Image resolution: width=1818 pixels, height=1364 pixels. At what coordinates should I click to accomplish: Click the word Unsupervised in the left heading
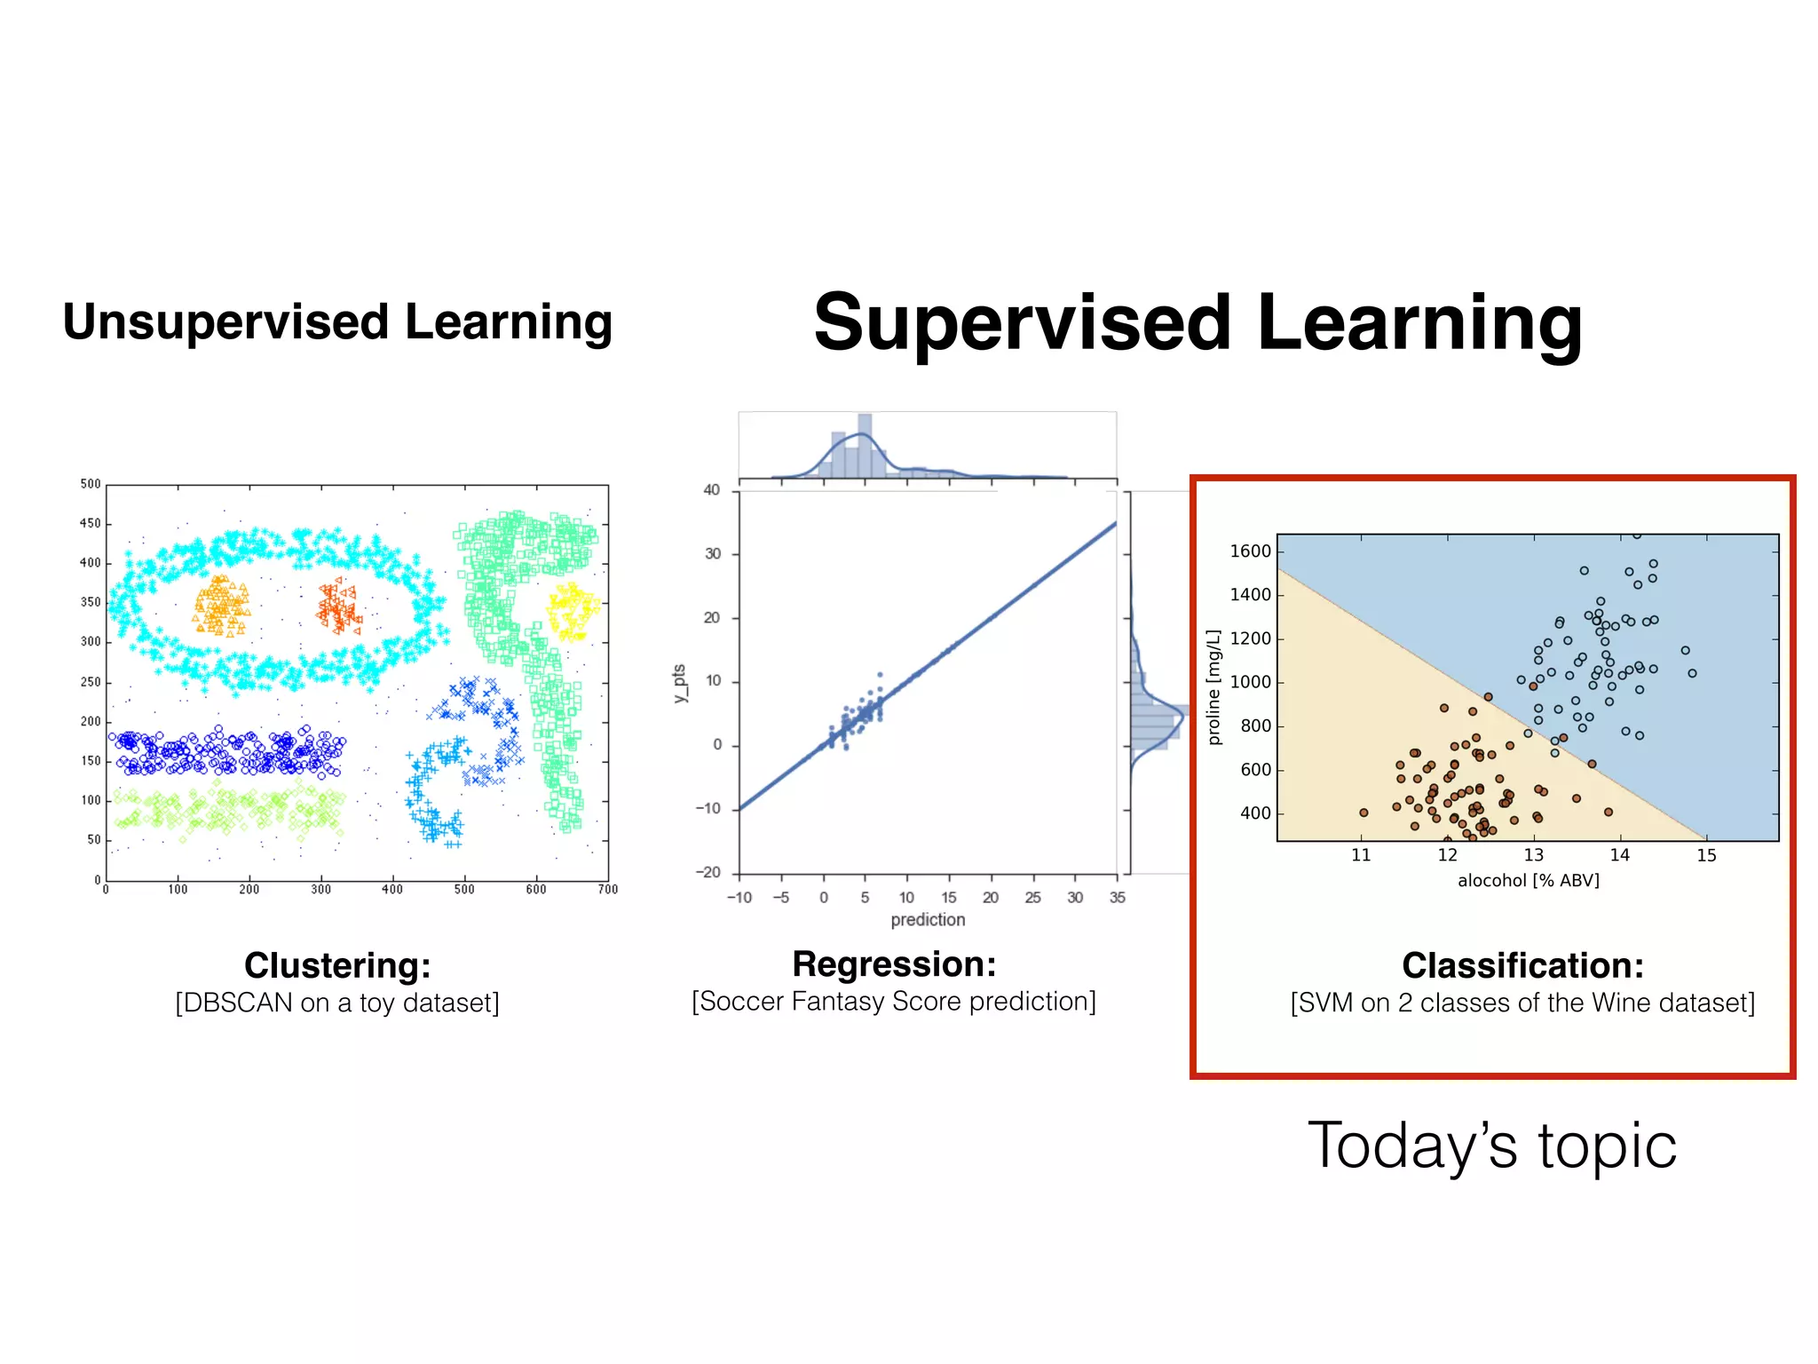pos(225,321)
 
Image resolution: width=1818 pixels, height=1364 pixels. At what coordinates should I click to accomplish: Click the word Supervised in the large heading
pos(1021,323)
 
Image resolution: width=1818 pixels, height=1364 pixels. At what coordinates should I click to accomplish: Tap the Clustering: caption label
pos(337,965)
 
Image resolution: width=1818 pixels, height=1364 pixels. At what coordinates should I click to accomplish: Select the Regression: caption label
pos(894,964)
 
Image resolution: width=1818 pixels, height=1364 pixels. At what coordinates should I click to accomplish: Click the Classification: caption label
pos(1522,965)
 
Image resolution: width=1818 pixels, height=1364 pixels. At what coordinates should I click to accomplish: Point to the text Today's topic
pos(1492,1146)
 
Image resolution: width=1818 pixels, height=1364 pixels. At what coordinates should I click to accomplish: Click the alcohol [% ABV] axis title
pos(1528,880)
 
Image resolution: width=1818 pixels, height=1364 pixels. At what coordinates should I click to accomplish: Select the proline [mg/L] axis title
pos(1213,687)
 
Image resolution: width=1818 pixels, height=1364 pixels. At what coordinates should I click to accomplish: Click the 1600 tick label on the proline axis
pos(1250,551)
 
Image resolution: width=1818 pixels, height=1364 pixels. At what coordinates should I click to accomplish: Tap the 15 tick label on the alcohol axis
pos(1706,855)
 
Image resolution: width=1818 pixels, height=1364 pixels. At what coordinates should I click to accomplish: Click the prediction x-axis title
pos(928,920)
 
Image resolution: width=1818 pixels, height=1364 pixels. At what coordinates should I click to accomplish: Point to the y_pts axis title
pos(680,684)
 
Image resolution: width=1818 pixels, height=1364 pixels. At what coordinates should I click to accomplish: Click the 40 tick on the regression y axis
pos(712,490)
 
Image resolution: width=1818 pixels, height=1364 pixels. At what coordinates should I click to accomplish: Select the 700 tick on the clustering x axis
pos(608,889)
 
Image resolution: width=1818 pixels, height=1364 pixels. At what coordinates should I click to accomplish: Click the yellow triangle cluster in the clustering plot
pos(573,609)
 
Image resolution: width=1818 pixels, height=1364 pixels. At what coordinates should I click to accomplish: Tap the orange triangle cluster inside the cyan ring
pos(221,606)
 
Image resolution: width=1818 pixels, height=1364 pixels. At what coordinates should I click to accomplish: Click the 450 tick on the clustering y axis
pos(91,524)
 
